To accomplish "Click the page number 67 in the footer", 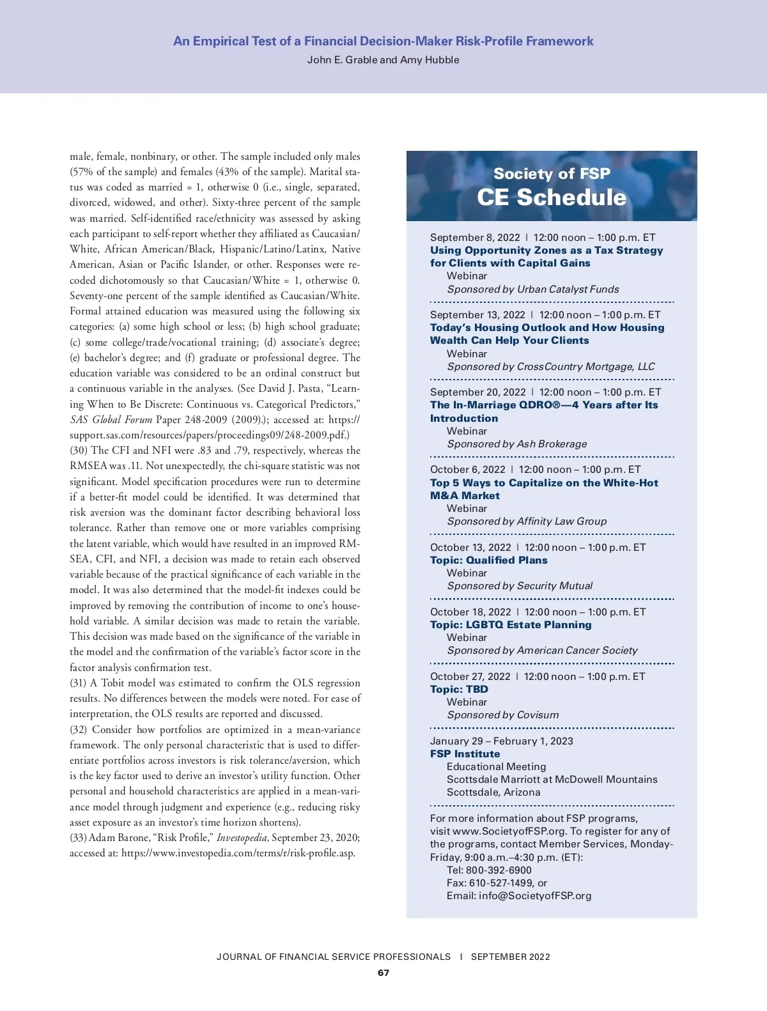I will pyautogui.click(x=383, y=973).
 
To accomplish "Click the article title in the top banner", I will pyautogui.click(x=383, y=42).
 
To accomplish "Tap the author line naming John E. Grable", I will pyautogui.click(x=383, y=60).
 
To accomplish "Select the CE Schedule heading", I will pyautogui.click(x=552, y=197).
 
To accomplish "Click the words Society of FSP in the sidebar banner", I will pyautogui.click(x=552, y=174).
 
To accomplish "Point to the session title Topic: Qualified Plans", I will pyautogui.click(x=489, y=560).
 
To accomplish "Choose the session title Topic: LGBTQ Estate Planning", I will pyautogui.click(x=511, y=625).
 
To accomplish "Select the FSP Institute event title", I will pyautogui.click(x=465, y=754).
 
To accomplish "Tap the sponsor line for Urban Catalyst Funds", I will pyautogui.click(x=533, y=289).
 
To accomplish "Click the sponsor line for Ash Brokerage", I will pyautogui.click(x=516, y=444).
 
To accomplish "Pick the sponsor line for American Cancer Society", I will pyautogui.click(x=542, y=651).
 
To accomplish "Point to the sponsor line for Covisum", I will pyautogui.click(x=502, y=715).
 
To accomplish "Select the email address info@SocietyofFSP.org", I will pyautogui.click(x=535, y=896).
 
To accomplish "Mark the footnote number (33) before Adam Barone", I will pyautogui.click(x=78, y=838).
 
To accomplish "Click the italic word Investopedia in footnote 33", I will pyautogui.click(x=243, y=838).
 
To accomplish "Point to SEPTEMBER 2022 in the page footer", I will pyautogui.click(x=510, y=957).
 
